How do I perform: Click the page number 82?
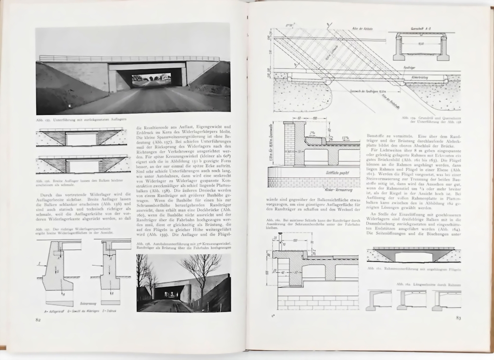tap(38, 319)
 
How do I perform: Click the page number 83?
tap(458, 318)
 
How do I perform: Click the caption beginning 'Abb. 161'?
tap(413, 268)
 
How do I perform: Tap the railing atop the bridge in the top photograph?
tap(128, 58)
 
